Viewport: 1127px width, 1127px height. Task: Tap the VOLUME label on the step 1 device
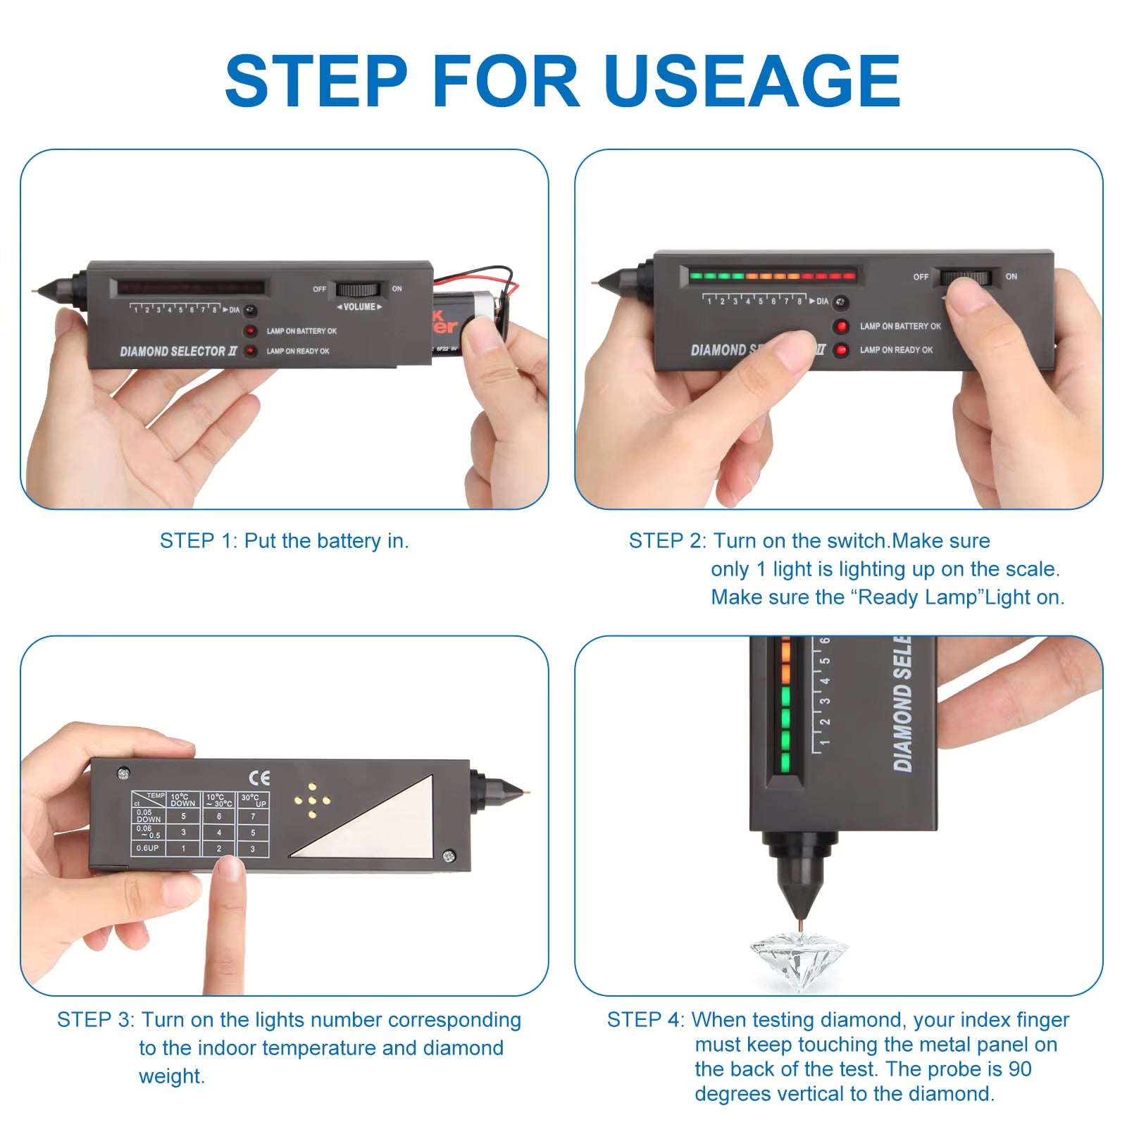[359, 307]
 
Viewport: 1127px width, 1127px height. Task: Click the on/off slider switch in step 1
[358, 289]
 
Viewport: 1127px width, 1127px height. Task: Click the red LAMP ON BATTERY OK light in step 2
[841, 326]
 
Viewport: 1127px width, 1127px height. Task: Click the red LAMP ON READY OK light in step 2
[841, 350]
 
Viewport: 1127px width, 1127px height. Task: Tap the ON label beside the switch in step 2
[1011, 276]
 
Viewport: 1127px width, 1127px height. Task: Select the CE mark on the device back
[259, 778]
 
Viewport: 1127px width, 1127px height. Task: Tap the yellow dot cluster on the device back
[312, 800]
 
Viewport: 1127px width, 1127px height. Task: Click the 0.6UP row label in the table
[148, 848]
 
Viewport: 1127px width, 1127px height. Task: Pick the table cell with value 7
[253, 816]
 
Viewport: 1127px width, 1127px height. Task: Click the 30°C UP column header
[253, 800]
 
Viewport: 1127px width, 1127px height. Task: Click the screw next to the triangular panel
[448, 857]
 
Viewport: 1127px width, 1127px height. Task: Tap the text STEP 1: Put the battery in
[284, 541]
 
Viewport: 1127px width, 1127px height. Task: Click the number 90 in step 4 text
[1019, 1069]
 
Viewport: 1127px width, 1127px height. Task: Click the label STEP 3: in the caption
[95, 1020]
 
